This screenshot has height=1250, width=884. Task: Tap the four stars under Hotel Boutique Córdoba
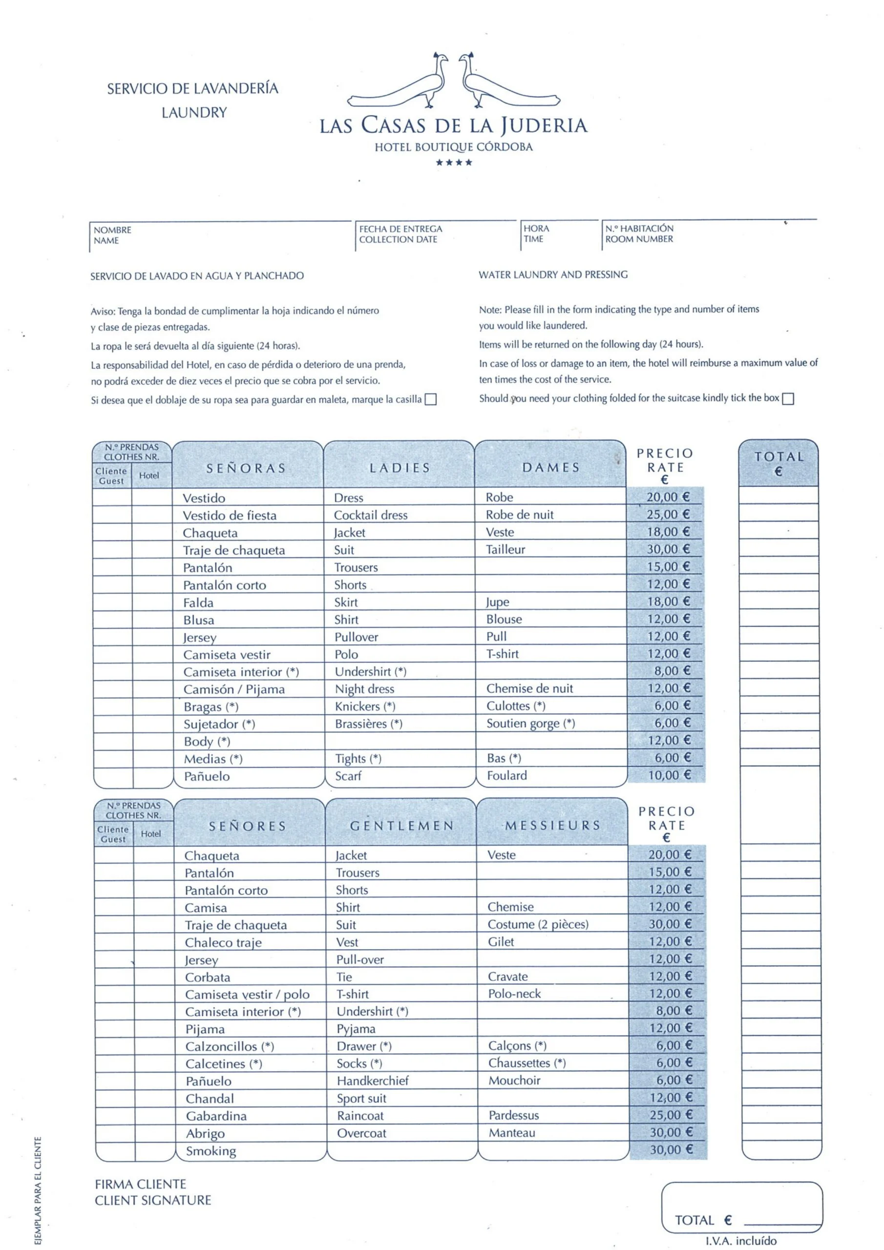point(453,162)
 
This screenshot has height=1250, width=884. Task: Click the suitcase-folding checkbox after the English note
point(788,398)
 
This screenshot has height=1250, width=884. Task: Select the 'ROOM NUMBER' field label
point(639,239)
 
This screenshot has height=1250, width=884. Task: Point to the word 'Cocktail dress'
point(370,515)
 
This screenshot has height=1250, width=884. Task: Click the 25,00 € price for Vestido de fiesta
point(668,514)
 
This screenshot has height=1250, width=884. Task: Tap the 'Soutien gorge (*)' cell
point(530,724)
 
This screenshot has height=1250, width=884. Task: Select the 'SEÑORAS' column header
point(246,468)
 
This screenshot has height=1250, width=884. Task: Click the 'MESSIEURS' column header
point(552,825)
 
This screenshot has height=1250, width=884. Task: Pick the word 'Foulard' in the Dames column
point(506,775)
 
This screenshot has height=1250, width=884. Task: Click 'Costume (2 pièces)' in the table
point(538,924)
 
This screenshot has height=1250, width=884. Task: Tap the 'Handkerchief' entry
point(373,1081)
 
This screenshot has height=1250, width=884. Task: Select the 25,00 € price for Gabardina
point(670,1115)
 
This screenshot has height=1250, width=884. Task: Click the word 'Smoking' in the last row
point(211,1150)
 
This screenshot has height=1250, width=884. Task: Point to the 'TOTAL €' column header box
point(779,463)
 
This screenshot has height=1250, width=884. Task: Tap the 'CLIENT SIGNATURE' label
point(153,1201)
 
